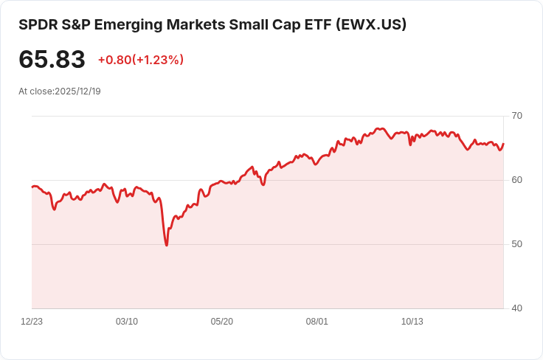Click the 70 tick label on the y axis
tap(517, 116)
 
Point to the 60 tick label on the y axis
tap(517, 180)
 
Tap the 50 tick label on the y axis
tap(517, 244)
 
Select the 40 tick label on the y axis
tap(517, 308)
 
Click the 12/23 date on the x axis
tap(32, 322)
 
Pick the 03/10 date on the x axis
tap(127, 322)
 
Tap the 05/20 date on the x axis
tap(222, 322)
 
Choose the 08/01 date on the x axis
tap(317, 322)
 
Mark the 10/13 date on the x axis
tap(412, 322)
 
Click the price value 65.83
tap(52, 60)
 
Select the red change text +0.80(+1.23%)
tap(140, 60)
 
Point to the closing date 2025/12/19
tap(77, 91)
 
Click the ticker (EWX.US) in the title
tap(371, 24)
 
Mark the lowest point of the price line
tap(167, 245)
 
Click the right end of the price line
tap(503, 145)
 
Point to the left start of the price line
tap(32, 187)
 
